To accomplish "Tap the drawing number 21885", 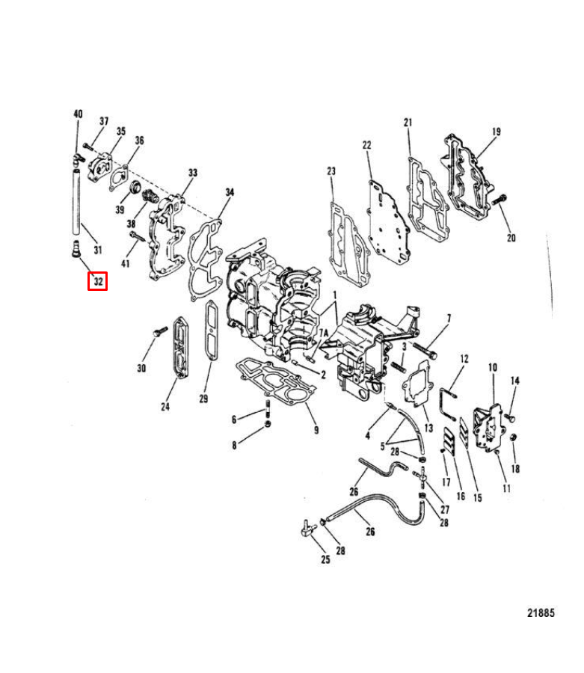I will [540, 612].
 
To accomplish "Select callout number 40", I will [78, 114].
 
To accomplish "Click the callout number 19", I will [496, 132].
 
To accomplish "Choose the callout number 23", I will [331, 172].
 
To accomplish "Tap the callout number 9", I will [316, 430].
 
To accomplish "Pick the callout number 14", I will [514, 381].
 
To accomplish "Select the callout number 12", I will [464, 359].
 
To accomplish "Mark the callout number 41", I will [125, 263].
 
